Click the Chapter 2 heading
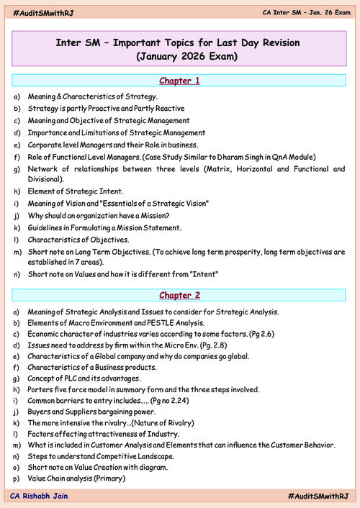[x=179, y=295]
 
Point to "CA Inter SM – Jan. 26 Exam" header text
[x=304, y=14]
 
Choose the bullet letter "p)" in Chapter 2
[x=17, y=479]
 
